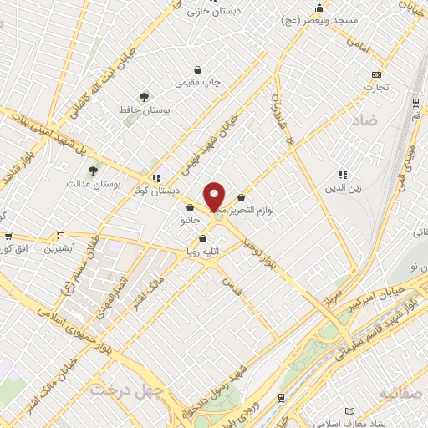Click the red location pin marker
[x=215, y=196]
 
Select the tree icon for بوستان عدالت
[x=93, y=171]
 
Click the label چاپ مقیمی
[x=196, y=84]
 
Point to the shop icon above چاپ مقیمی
[x=196, y=70]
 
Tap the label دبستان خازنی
[x=208, y=12]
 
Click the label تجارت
[x=376, y=87]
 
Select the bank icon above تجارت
[x=376, y=74]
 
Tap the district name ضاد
[x=365, y=121]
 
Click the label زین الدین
[x=343, y=189]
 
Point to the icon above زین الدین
[x=342, y=176]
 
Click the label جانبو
[x=191, y=222]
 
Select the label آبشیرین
[x=59, y=248]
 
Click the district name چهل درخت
[x=129, y=390]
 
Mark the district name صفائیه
[x=401, y=392]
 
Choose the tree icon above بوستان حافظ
[x=145, y=97]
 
